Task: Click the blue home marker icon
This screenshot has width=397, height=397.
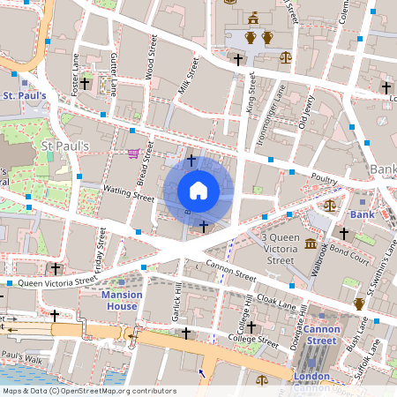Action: tap(198, 190)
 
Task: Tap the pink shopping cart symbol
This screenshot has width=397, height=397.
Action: tap(133, 154)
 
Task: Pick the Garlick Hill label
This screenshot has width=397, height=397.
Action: tap(177, 303)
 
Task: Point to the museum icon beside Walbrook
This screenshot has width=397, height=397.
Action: tap(311, 243)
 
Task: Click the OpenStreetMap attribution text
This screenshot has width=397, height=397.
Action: tap(88, 391)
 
